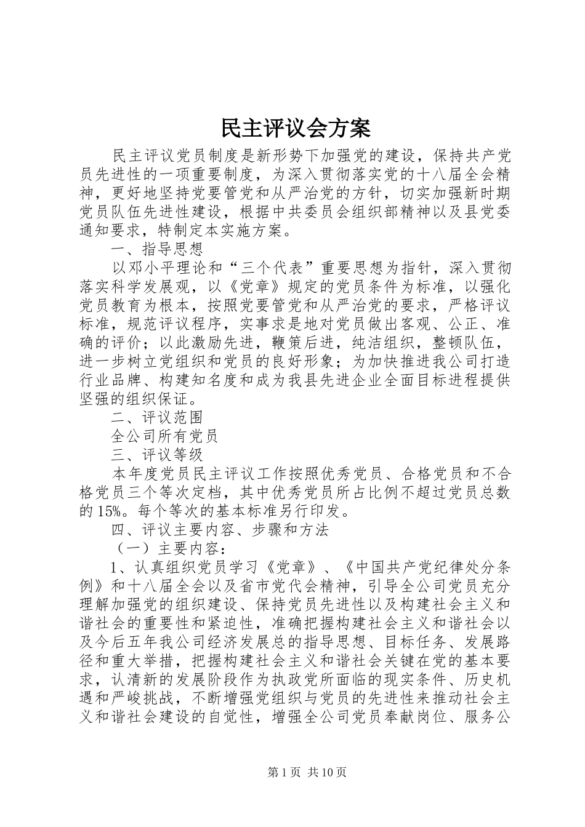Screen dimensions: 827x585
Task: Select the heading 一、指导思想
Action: pos(157,249)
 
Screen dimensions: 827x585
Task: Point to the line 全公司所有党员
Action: pos(164,437)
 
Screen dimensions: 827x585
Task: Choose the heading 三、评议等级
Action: pos(157,455)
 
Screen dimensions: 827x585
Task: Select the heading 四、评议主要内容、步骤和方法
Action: pos(219,529)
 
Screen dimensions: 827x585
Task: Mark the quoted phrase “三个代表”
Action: pos(264,268)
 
